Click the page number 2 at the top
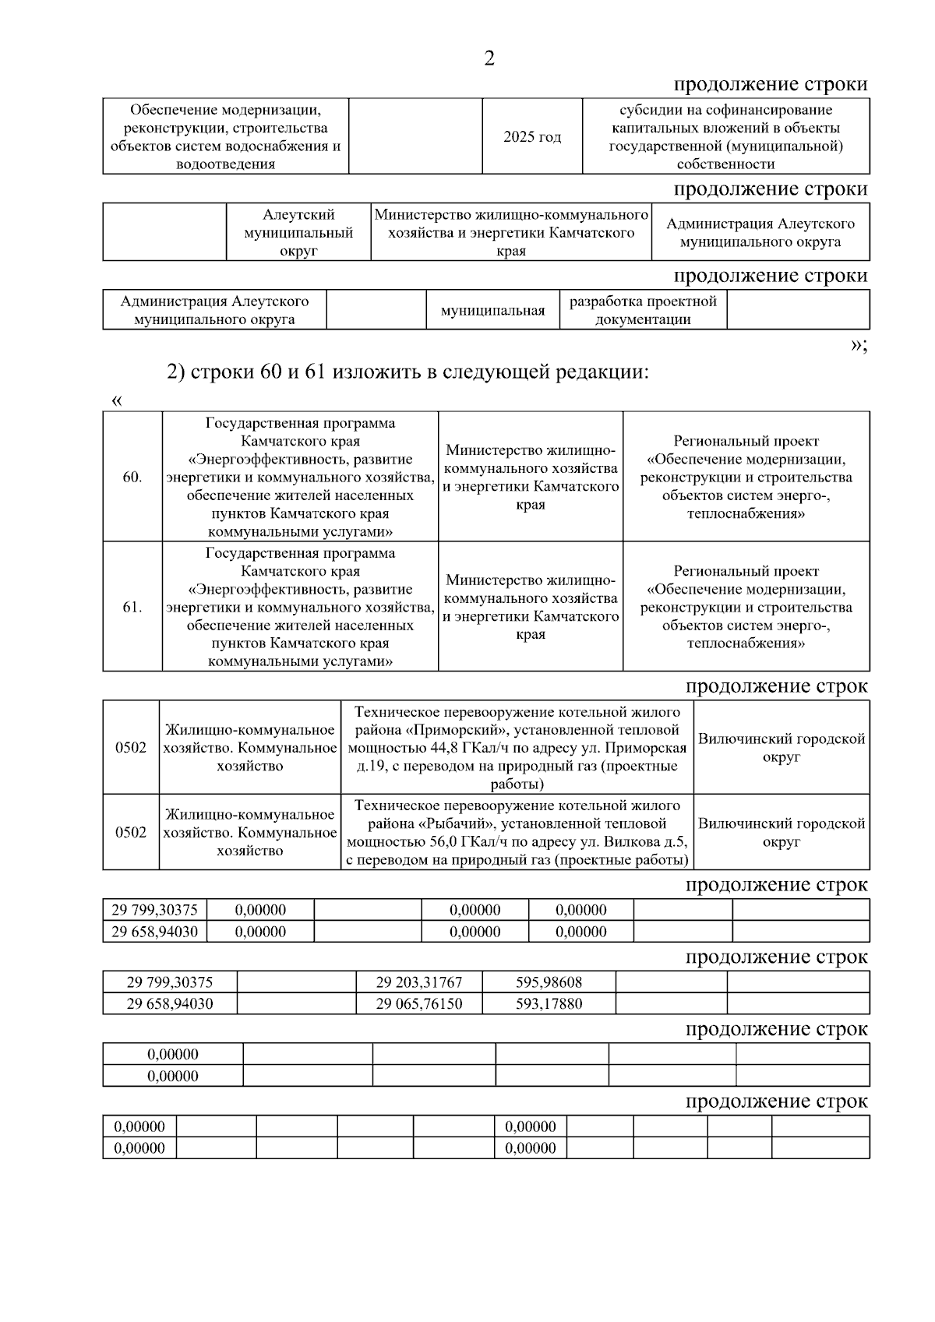(x=489, y=58)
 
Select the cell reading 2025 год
(x=532, y=136)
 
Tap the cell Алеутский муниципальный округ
(x=298, y=232)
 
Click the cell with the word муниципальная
(x=492, y=311)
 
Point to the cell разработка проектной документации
(x=643, y=310)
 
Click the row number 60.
(x=132, y=477)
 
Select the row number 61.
(x=132, y=607)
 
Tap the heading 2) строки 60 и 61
(x=408, y=372)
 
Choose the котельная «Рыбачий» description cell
(x=517, y=832)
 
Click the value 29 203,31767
(x=418, y=982)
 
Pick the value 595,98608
(x=549, y=982)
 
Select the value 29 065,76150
(x=418, y=1003)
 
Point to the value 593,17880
(x=549, y=1003)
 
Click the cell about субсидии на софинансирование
(x=725, y=136)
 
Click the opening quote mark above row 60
(x=117, y=400)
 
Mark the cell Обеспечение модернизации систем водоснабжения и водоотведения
(x=225, y=136)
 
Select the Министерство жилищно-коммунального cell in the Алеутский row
(x=511, y=232)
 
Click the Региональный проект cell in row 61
(x=746, y=607)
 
